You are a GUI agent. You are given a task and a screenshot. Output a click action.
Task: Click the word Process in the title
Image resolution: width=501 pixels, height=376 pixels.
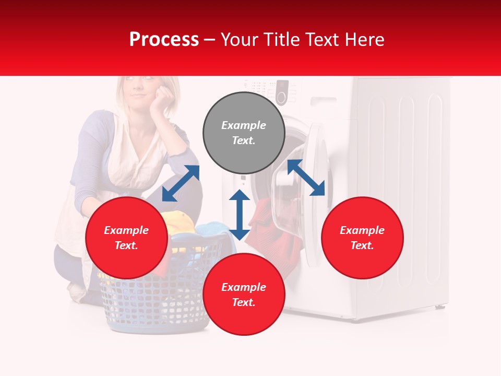click(x=164, y=40)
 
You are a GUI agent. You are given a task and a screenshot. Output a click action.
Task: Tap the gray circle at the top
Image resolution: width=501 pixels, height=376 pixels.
click(x=244, y=133)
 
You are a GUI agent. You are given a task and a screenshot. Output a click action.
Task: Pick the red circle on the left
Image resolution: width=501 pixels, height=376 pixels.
click(x=126, y=238)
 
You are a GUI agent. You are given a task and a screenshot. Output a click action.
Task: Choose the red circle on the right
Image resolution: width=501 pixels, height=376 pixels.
click(x=362, y=238)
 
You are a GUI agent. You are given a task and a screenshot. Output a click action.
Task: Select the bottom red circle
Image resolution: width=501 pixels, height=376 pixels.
click(x=244, y=295)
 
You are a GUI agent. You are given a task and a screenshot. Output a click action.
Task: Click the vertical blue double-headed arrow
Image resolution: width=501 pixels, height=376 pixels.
click(x=240, y=215)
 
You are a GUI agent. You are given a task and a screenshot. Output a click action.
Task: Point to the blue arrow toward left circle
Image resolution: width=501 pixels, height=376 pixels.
click(x=181, y=183)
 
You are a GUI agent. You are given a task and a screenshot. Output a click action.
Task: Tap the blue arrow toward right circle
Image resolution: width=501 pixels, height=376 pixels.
click(x=306, y=178)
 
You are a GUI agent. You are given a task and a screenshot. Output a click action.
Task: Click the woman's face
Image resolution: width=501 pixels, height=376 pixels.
click(x=138, y=93)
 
